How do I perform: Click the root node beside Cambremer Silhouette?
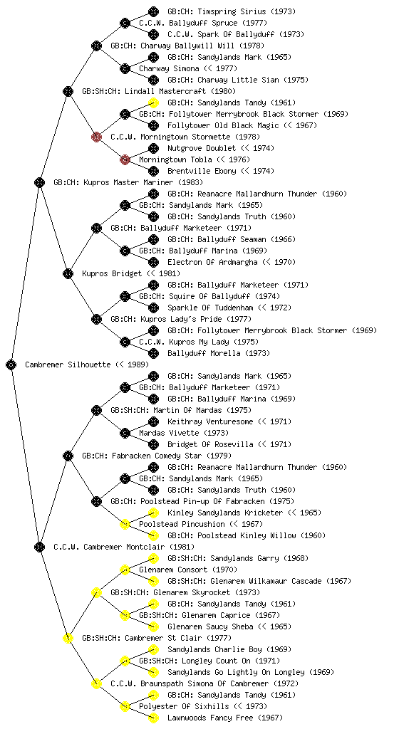[11, 364]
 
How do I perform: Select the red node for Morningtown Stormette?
[96, 137]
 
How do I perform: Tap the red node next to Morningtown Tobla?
[125, 159]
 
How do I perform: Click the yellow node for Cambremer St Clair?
[68, 638]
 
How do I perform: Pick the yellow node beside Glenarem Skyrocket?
[96, 592]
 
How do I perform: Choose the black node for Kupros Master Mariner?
[39, 182]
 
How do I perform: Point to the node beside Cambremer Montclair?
[39, 547]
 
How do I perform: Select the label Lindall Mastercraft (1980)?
[180, 91]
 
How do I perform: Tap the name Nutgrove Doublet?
[202, 148]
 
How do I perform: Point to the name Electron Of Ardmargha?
[212, 262]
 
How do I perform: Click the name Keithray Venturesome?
[210, 421]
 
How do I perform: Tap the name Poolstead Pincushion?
[175, 524]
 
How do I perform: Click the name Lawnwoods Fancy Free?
[210, 718]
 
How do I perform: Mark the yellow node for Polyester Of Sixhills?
[125, 706]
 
